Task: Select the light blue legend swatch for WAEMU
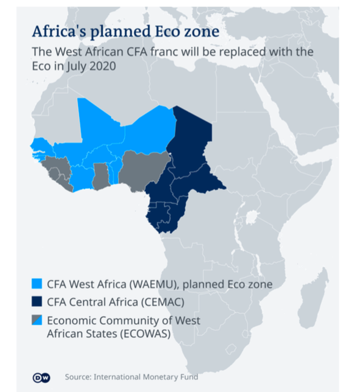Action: click(37, 284)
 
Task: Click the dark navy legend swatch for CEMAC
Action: click(37, 301)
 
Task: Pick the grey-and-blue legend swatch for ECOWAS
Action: click(37, 320)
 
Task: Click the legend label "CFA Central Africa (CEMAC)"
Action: click(115, 301)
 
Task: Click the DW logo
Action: click(45, 377)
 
